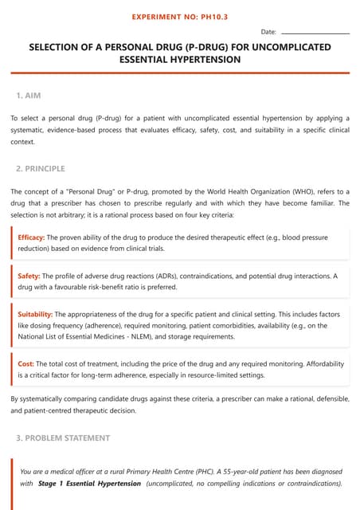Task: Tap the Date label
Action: click(268, 32)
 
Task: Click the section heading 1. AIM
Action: click(29, 96)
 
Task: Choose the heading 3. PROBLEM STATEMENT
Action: click(64, 438)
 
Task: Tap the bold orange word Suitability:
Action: click(35, 314)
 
